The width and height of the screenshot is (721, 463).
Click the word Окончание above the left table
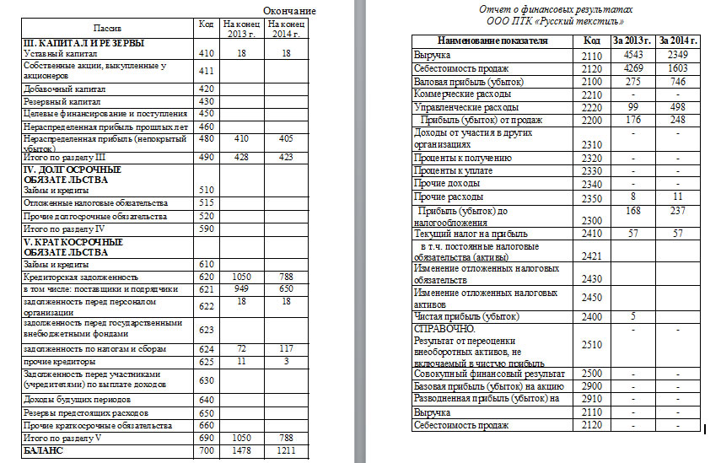(290, 10)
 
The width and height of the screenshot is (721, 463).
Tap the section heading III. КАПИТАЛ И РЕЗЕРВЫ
(82, 43)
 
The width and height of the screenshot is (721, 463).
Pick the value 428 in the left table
(241, 156)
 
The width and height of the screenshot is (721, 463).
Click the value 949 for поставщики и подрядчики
(241, 288)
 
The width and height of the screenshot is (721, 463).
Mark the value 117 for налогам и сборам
(285, 347)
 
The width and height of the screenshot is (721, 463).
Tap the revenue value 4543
(632, 55)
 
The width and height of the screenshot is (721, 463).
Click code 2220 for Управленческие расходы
(593, 108)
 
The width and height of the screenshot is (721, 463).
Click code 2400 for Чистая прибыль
(593, 316)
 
